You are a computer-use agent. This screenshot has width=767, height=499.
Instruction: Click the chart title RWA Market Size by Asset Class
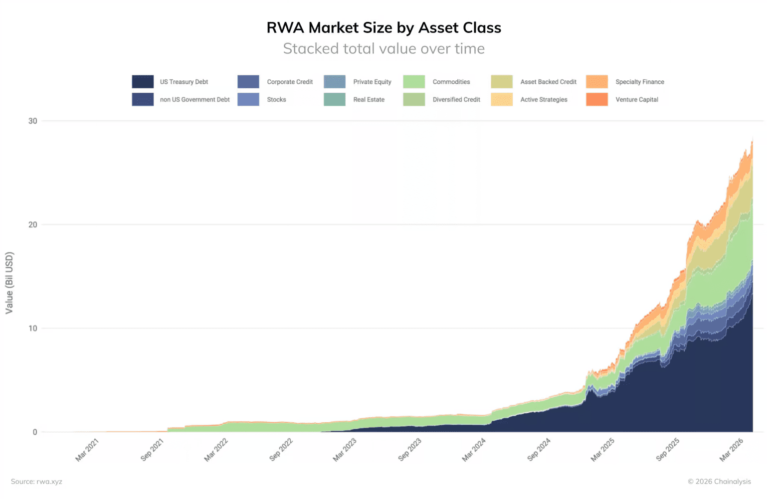click(x=383, y=27)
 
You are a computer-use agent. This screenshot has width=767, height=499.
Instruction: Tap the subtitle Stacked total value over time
click(x=383, y=48)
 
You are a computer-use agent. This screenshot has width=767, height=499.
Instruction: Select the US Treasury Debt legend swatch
click(x=143, y=82)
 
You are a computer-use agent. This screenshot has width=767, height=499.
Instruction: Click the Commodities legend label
click(x=451, y=82)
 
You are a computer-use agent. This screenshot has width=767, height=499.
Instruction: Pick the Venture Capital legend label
click(x=636, y=100)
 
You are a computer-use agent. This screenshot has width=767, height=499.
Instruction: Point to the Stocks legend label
click(x=276, y=100)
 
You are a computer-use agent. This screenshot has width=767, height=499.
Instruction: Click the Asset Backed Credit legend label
click(x=548, y=82)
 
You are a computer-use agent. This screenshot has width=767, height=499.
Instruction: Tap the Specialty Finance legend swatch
click(x=596, y=82)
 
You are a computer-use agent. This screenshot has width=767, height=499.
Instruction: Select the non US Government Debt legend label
click(x=194, y=100)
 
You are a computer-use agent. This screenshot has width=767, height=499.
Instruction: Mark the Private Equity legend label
click(x=372, y=82)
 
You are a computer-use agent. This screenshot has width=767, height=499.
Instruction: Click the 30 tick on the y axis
click(x=33, y=121)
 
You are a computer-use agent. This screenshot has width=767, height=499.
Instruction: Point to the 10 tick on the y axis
click(x=33, y=329)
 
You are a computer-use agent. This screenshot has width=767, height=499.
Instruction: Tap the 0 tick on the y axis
click(x=35, y=432)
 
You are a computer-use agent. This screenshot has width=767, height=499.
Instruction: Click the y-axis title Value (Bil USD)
click(x=9, y=283)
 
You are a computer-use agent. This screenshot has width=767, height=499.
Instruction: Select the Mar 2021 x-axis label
click(x=87, y=450)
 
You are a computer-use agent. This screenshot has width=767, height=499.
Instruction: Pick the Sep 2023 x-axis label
click(x=410, y=450)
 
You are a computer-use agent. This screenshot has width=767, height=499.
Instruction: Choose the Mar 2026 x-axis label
click(x=732, y=450)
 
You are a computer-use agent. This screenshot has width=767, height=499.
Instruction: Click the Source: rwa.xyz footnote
click(x=36, y=482)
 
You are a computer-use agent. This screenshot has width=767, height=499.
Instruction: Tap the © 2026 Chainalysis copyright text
click(x=719, y=482)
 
